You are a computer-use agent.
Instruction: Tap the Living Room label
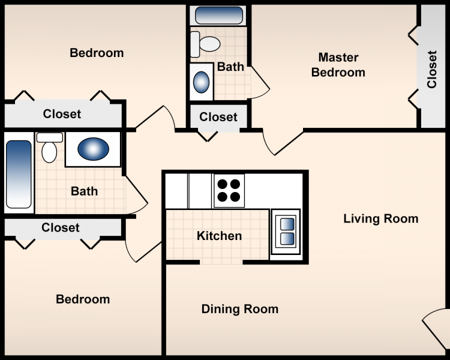[380, 218]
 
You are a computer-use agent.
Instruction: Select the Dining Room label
[239, 310]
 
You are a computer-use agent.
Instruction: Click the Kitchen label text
[219, 236]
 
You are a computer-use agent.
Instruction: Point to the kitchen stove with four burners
[229, 190]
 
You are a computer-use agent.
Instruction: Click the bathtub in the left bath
[19, 174]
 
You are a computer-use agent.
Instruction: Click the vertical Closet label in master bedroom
[432, 69]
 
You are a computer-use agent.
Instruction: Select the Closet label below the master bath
[218, 117]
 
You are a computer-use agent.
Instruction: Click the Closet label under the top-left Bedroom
[62, 114]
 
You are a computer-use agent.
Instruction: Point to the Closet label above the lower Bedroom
[61, 227]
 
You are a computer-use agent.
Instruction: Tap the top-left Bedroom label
[97, 53]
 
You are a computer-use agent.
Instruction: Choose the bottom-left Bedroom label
[83, 299]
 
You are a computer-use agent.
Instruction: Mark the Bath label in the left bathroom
[84, 191]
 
